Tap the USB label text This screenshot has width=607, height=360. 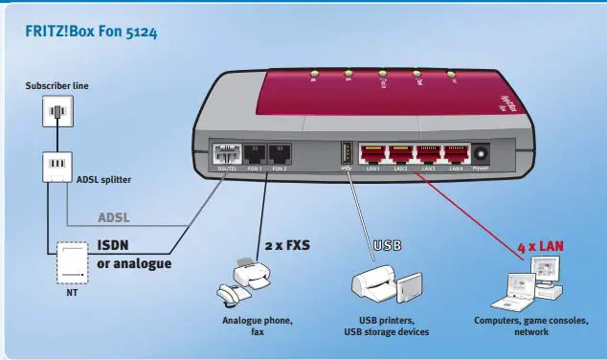[x=387, y=245]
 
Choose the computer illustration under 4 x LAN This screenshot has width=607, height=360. [x=532, y=287]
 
